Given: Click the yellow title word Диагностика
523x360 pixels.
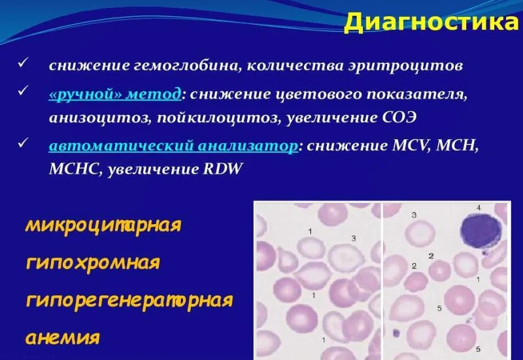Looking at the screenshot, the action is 433,22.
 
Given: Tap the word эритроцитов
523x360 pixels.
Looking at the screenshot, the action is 405,66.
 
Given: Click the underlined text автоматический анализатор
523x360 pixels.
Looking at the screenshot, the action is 173,146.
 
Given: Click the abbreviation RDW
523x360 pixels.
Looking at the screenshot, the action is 223,169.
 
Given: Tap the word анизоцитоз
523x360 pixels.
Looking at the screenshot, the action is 99,118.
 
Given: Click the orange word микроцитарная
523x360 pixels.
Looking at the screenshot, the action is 103,225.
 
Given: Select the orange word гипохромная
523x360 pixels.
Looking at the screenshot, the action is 93,263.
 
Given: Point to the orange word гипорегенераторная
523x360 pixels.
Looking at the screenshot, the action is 129,301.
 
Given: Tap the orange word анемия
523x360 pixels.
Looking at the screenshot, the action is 63,337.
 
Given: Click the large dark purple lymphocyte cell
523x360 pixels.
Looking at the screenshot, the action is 481,231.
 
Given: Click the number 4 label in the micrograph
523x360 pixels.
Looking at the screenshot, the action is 479,208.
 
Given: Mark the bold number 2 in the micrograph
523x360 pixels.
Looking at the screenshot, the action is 431,256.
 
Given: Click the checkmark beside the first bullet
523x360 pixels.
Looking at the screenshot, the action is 23,63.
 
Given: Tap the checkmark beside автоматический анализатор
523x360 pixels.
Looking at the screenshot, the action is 23,143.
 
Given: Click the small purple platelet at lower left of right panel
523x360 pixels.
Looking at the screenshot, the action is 396,333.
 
